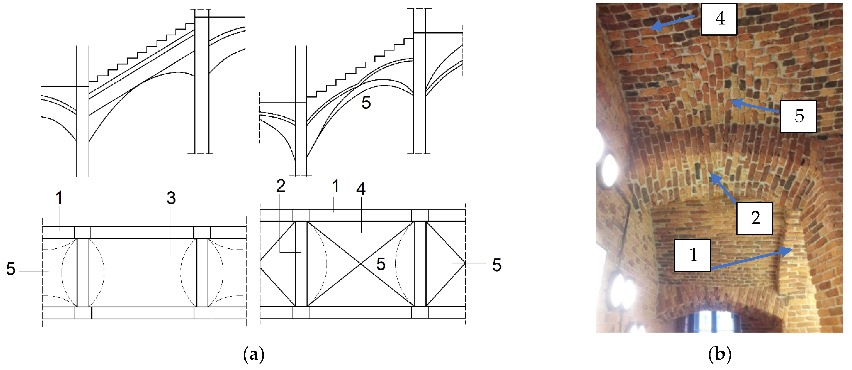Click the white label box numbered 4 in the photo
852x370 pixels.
[719, 19]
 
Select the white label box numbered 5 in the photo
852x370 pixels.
[798, 116]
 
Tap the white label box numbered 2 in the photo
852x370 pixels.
[754, 218]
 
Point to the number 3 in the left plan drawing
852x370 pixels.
[171, 198]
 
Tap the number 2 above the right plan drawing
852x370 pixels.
[280, 186]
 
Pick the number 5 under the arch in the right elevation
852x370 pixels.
[366, 103]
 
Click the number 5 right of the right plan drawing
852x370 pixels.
[496, 265]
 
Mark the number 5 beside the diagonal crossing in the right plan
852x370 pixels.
[381, 264]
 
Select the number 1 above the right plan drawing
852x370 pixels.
[335, 186]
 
